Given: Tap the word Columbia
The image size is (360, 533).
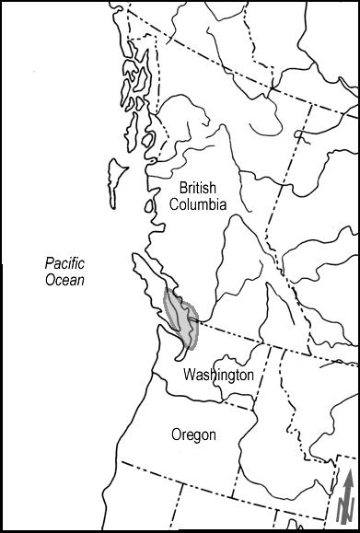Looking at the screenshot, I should (197, 204).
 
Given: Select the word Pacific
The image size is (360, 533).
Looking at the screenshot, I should (65, 263).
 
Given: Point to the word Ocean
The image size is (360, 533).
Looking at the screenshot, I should (65, 280).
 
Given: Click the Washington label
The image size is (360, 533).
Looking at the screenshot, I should (218, 376).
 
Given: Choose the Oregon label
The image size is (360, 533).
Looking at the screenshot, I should (193, 435).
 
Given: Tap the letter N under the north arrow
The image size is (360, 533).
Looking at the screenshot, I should (347, 508).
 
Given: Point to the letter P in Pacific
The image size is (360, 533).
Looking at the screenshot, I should (50, 263).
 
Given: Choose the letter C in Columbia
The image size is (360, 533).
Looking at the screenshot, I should (174, 204).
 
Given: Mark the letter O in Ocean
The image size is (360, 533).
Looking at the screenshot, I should (50, 280).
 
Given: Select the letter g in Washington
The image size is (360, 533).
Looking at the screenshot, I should (231, 377).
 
